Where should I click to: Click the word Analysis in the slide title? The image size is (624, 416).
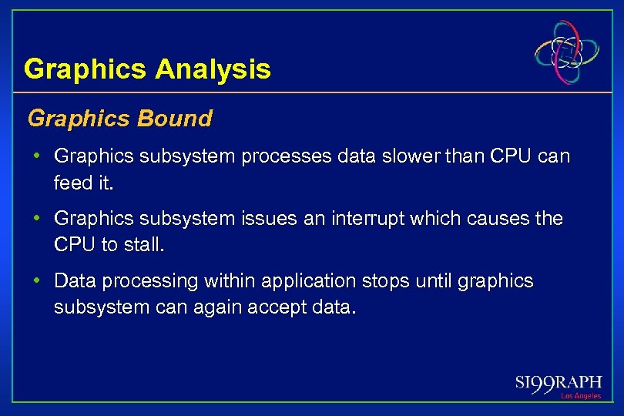(x=213, y=70)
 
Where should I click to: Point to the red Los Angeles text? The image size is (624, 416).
(x=580, y=396)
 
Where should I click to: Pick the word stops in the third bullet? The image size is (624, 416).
(x=384, y=281)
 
